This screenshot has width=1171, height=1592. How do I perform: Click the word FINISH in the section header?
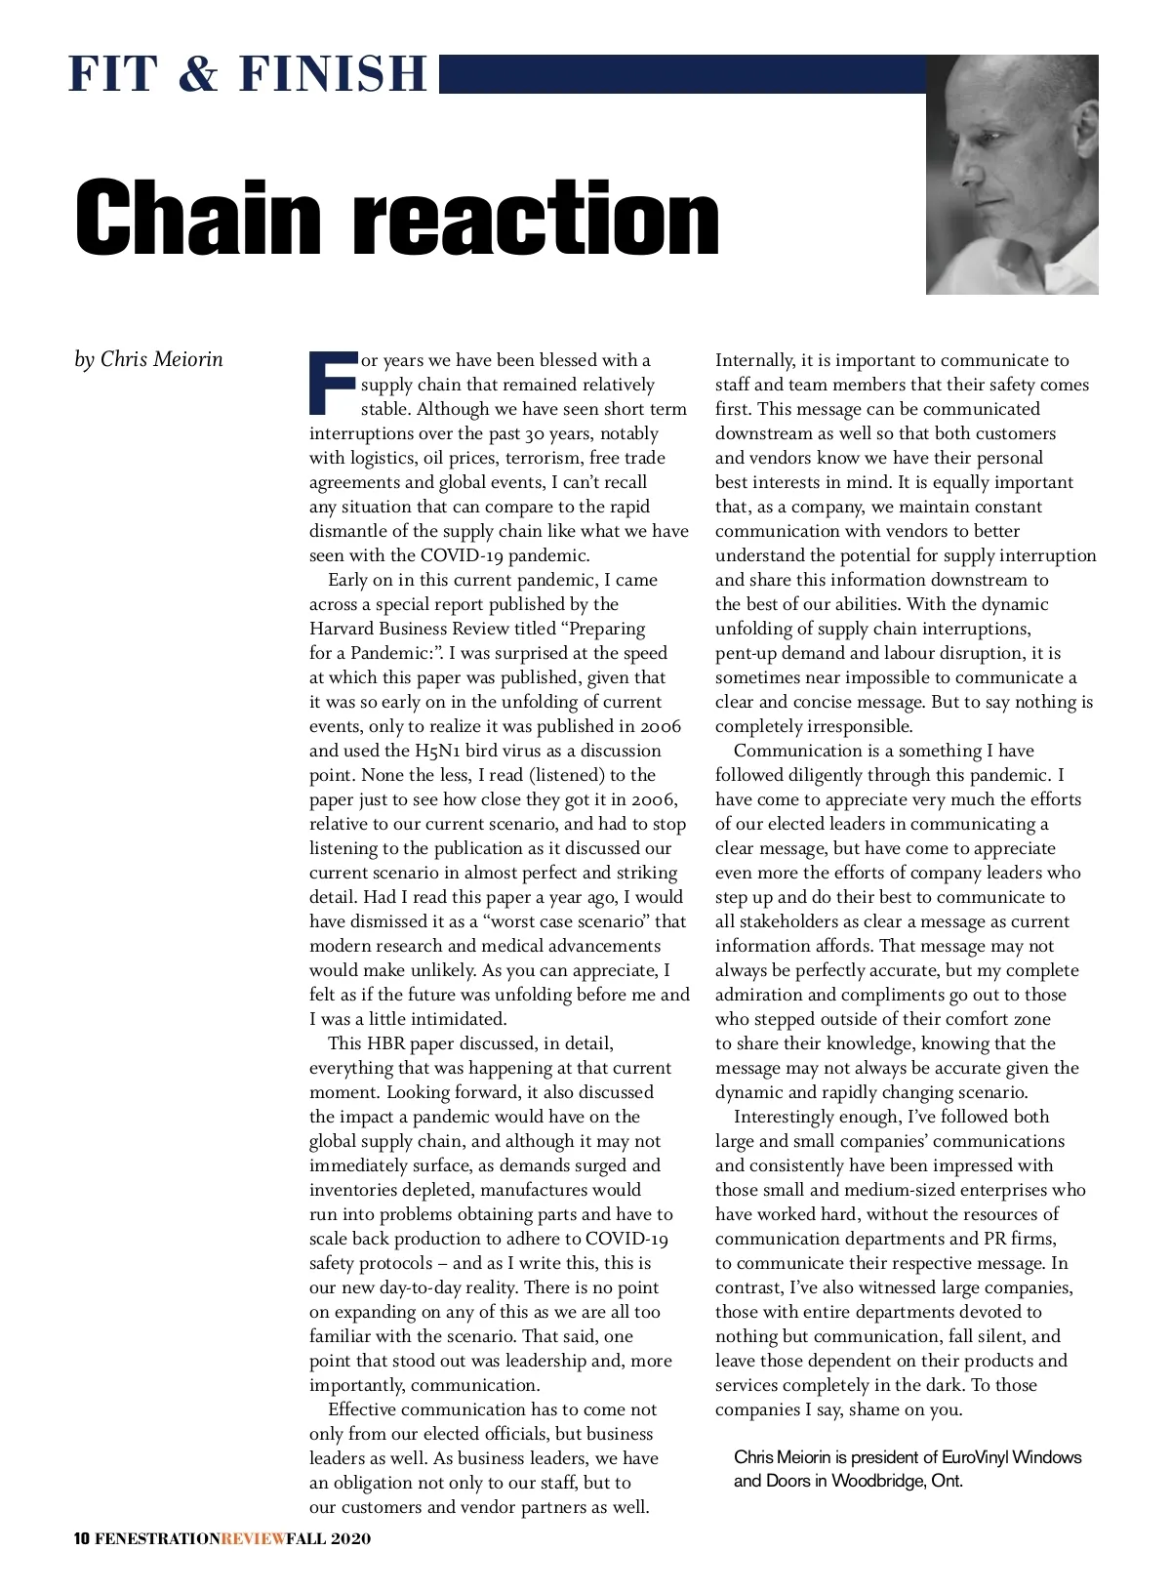tap(333, 75)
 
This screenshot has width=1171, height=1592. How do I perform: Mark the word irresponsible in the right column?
tap(860, 726)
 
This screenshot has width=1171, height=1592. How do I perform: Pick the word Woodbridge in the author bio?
tap(876, 1481)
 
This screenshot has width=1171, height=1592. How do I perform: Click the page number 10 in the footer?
tap(82, 1539)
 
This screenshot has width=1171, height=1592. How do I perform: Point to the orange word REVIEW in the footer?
tap(254, 1539)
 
